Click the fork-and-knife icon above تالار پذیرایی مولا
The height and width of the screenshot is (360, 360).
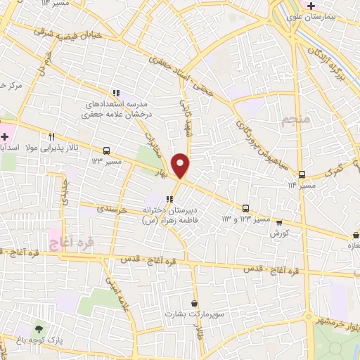click(51, 137)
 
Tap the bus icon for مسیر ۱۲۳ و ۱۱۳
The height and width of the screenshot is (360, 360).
click(245, 208)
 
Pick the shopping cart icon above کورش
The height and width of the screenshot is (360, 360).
click(279, 221)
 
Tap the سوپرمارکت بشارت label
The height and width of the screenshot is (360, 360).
click(192, 314)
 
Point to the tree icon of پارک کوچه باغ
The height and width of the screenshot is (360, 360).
click(39, 328)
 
